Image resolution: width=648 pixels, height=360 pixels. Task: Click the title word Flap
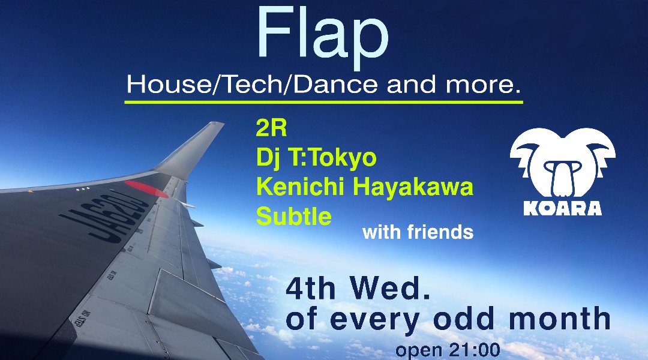pos(323,35)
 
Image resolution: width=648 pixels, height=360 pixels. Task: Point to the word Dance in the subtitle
pos(334,85)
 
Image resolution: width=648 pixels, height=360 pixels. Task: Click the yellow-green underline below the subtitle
pos(323,101)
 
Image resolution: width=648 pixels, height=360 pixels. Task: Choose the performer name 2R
pos(271,128)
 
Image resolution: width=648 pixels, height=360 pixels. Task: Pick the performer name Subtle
pos(294,216)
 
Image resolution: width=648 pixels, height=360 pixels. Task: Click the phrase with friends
pos(418,232)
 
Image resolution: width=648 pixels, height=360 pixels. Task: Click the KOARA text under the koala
pos(562,208)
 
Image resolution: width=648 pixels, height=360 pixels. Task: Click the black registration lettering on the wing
pos(105,217)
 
